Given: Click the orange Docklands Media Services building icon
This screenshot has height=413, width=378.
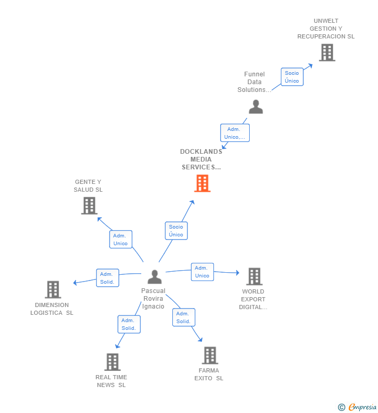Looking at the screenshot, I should tap(202, 183).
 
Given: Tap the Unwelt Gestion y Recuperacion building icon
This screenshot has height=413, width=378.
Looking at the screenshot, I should tap(327, 52).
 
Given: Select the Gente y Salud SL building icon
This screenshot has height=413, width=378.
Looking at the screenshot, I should tap(89, 206).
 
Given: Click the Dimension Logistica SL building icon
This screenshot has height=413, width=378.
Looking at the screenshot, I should tap(53, 289).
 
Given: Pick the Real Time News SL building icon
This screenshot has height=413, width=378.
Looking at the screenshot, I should tap(112, 362).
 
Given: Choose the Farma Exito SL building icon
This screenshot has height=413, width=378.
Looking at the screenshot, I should tap(210, 355).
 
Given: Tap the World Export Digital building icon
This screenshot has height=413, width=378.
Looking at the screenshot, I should tap(254, 276).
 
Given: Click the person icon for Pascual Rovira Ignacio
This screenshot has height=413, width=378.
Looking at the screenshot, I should tap(154, 276).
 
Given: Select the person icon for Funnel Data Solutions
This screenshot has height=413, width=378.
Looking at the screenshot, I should tap(255, 106).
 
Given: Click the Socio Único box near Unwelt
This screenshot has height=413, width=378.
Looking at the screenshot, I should tap(292, 77).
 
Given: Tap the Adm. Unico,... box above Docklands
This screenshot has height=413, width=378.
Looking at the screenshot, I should tap(235, 133).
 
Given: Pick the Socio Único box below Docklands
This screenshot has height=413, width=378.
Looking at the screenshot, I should tap(176, 231).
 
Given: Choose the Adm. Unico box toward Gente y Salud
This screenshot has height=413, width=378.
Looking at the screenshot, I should tap(120, 239).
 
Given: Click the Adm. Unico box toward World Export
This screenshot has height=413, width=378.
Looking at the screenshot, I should tap(202, 272).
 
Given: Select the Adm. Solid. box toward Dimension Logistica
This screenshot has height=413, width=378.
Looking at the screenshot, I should tap(107, 278).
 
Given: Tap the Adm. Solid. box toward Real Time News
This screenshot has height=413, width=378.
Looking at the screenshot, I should tap(129, 324).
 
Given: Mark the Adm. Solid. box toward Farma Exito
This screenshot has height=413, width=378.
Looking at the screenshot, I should tap(183, 317).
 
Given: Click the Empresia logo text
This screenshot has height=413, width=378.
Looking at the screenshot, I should tap(362, 407).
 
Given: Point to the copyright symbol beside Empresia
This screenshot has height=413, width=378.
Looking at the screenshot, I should tap(342, 407).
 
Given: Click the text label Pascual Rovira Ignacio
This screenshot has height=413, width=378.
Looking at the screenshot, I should tap(153, 299).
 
